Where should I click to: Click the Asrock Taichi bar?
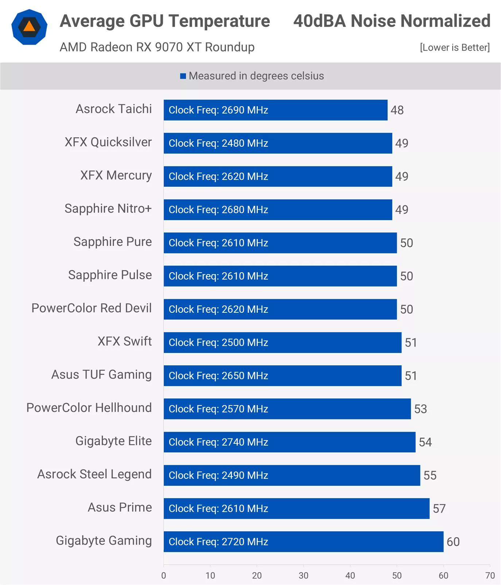275,110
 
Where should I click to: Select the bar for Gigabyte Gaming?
303,542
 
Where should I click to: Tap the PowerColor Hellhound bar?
287,409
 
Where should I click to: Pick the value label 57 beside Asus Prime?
439,508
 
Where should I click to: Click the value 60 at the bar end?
453,542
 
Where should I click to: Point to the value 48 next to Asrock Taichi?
397,110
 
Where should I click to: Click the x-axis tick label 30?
303,576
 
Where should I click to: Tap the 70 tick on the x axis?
490,576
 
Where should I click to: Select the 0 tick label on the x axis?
164,576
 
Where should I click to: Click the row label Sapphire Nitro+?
108,208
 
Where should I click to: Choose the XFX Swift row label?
124,341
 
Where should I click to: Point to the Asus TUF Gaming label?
101,374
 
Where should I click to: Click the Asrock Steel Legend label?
94,474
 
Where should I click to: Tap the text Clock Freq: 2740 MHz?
218,442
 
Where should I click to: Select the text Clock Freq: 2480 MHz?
218,143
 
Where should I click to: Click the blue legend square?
183,76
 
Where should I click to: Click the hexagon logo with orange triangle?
29,27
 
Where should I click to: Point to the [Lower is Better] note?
454,47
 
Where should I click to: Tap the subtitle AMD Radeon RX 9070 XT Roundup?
157,47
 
